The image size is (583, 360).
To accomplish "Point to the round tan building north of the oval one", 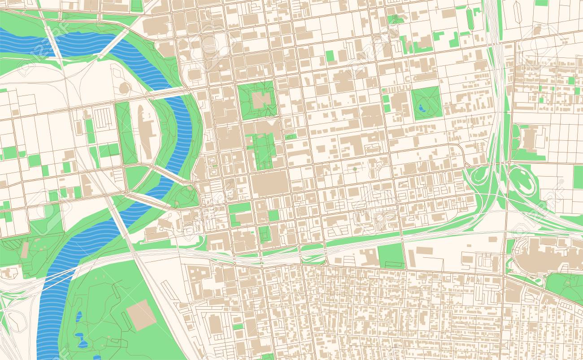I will (125, 88).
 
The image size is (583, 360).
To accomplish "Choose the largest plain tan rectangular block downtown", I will (269, 183).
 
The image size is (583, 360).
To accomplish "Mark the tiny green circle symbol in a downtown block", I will (355, 169).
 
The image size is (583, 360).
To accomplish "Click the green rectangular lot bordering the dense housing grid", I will (391, 256).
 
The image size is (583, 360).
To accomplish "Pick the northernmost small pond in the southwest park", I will (79, 317).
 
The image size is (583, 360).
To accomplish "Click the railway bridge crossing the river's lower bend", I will (58, 276).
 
